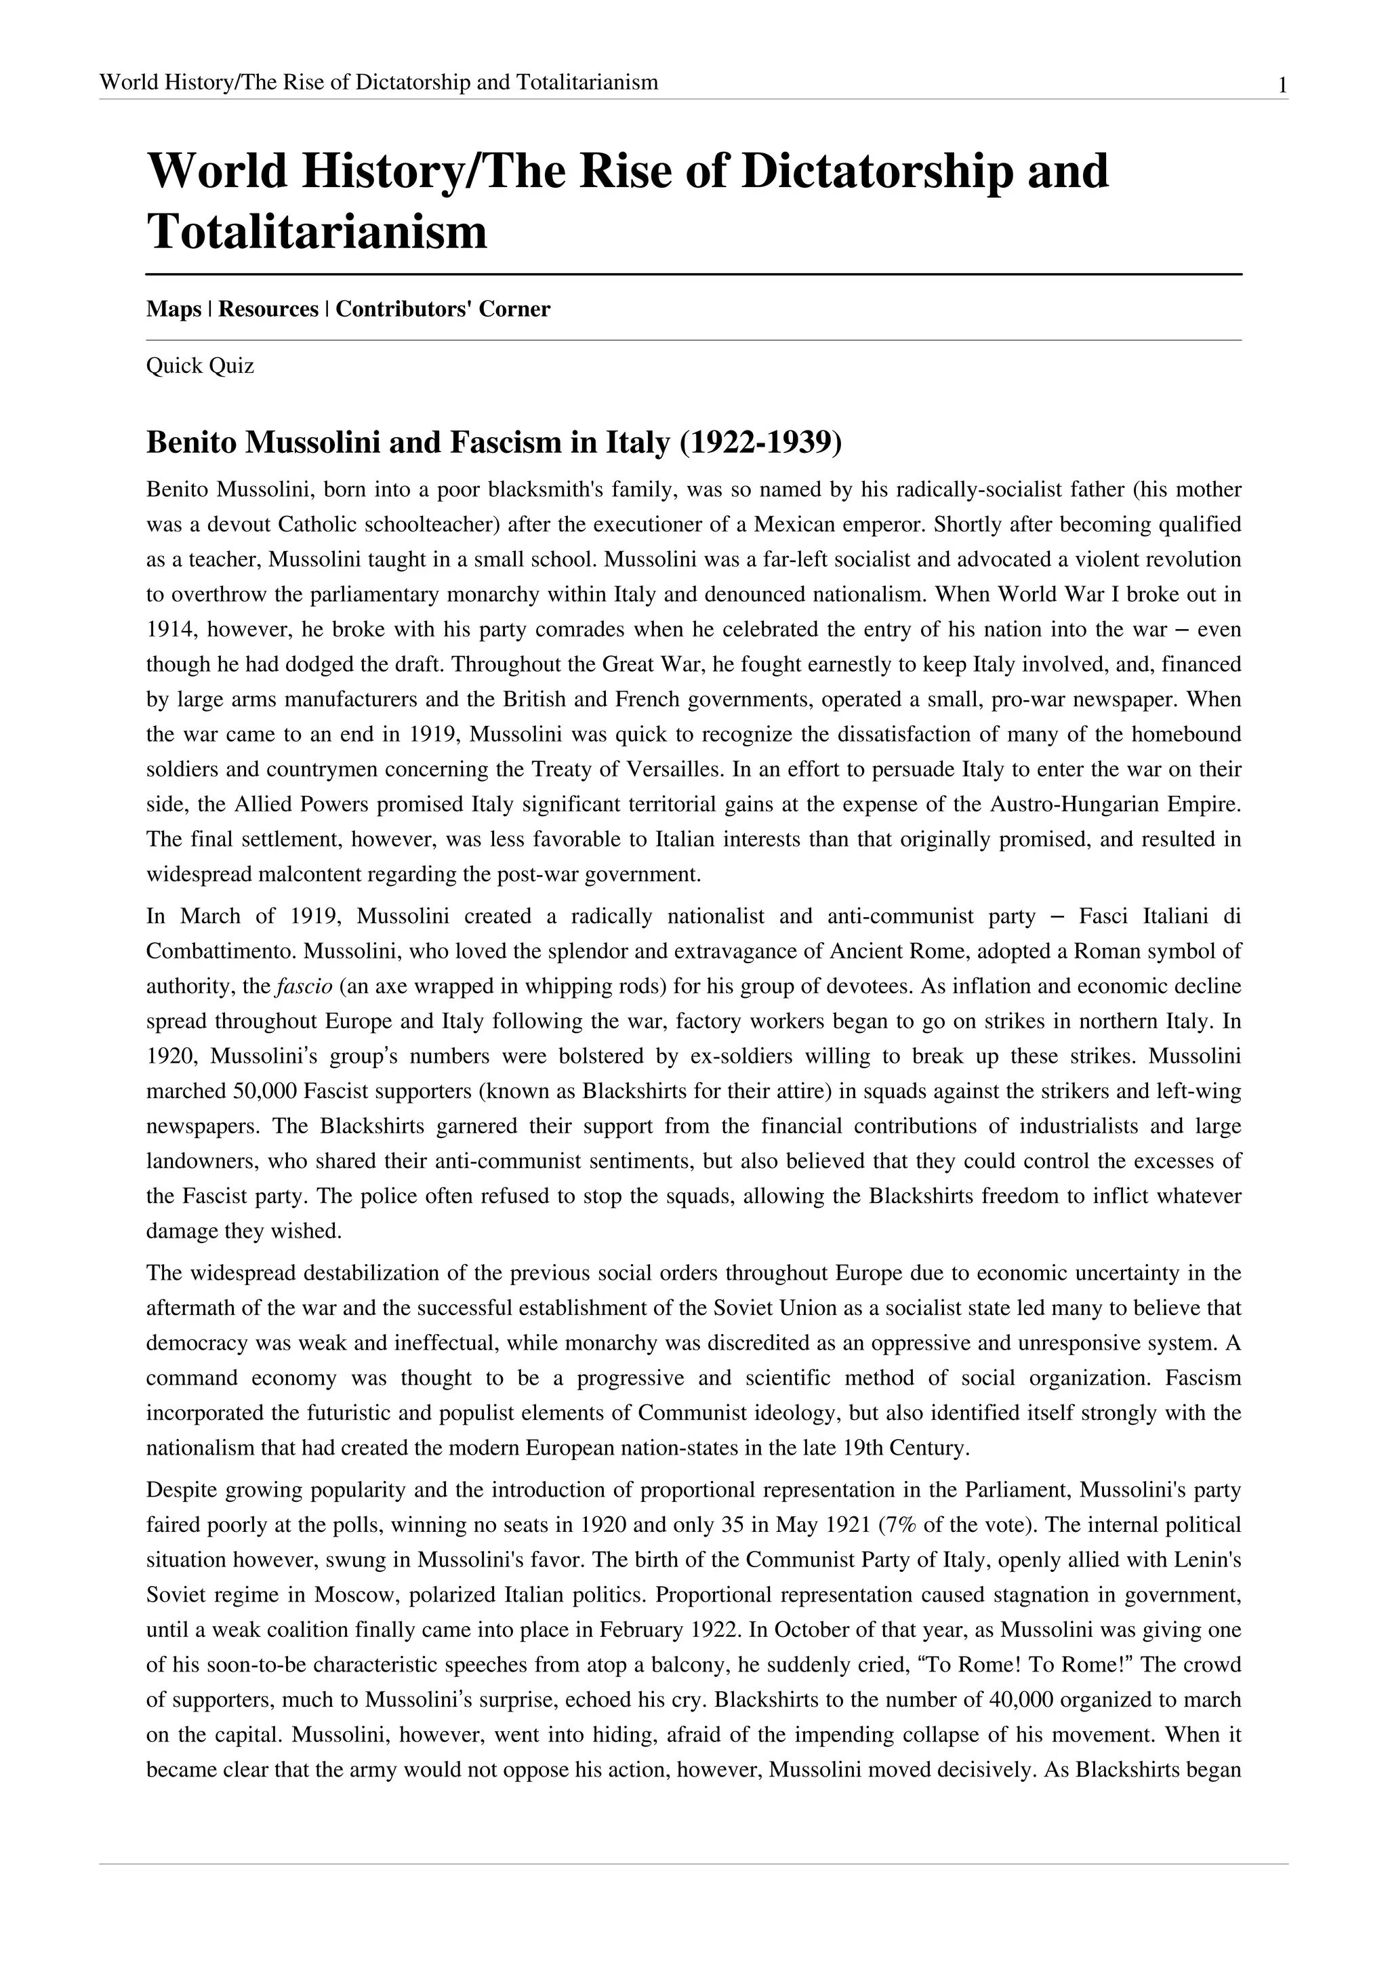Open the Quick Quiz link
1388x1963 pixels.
[x=200, y=366]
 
